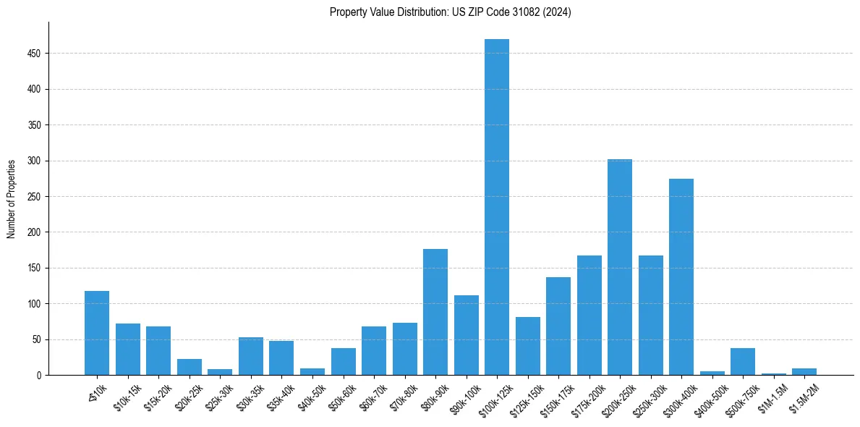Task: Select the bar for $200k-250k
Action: [619, 267]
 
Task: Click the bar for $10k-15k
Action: [127, 350]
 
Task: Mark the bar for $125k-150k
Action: [527, 346]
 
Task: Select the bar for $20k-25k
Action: [189, 367]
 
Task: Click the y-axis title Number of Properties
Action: [12, 198]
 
